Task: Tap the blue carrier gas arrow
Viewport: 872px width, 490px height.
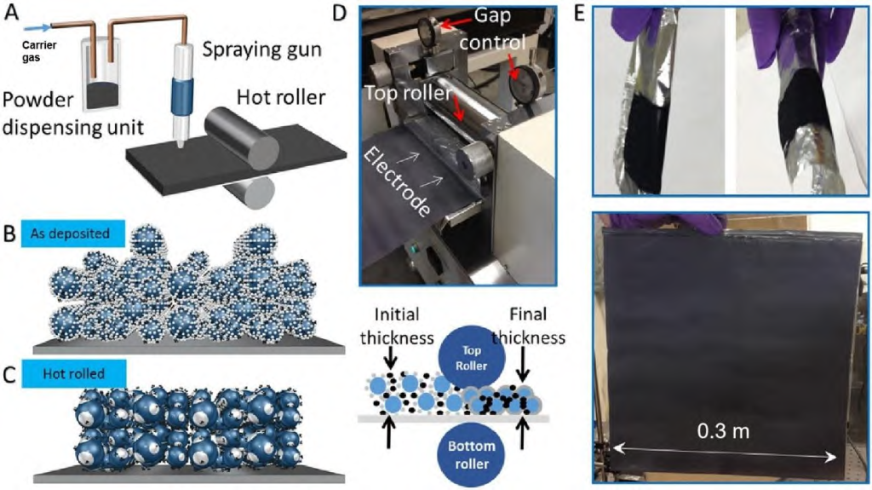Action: coord(35,38)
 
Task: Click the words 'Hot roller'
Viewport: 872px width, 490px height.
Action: coord(282,97)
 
